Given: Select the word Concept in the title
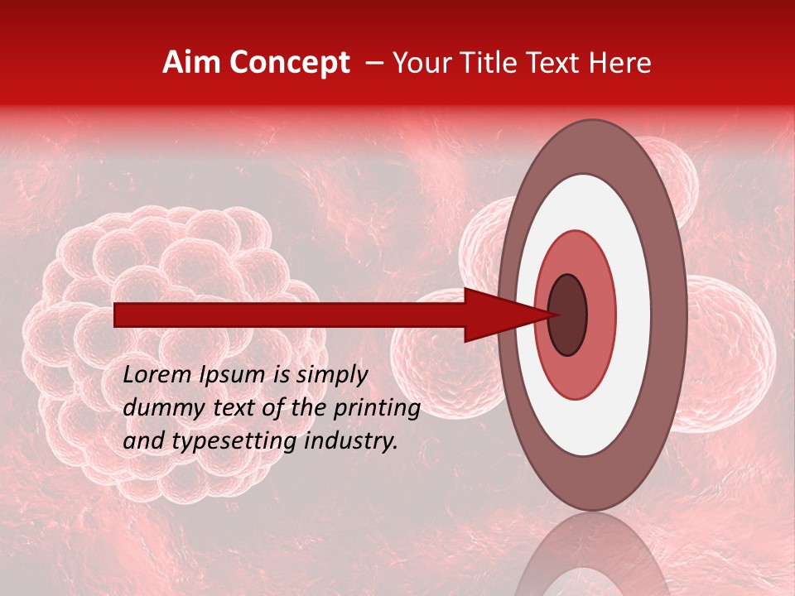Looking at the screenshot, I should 289,63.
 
